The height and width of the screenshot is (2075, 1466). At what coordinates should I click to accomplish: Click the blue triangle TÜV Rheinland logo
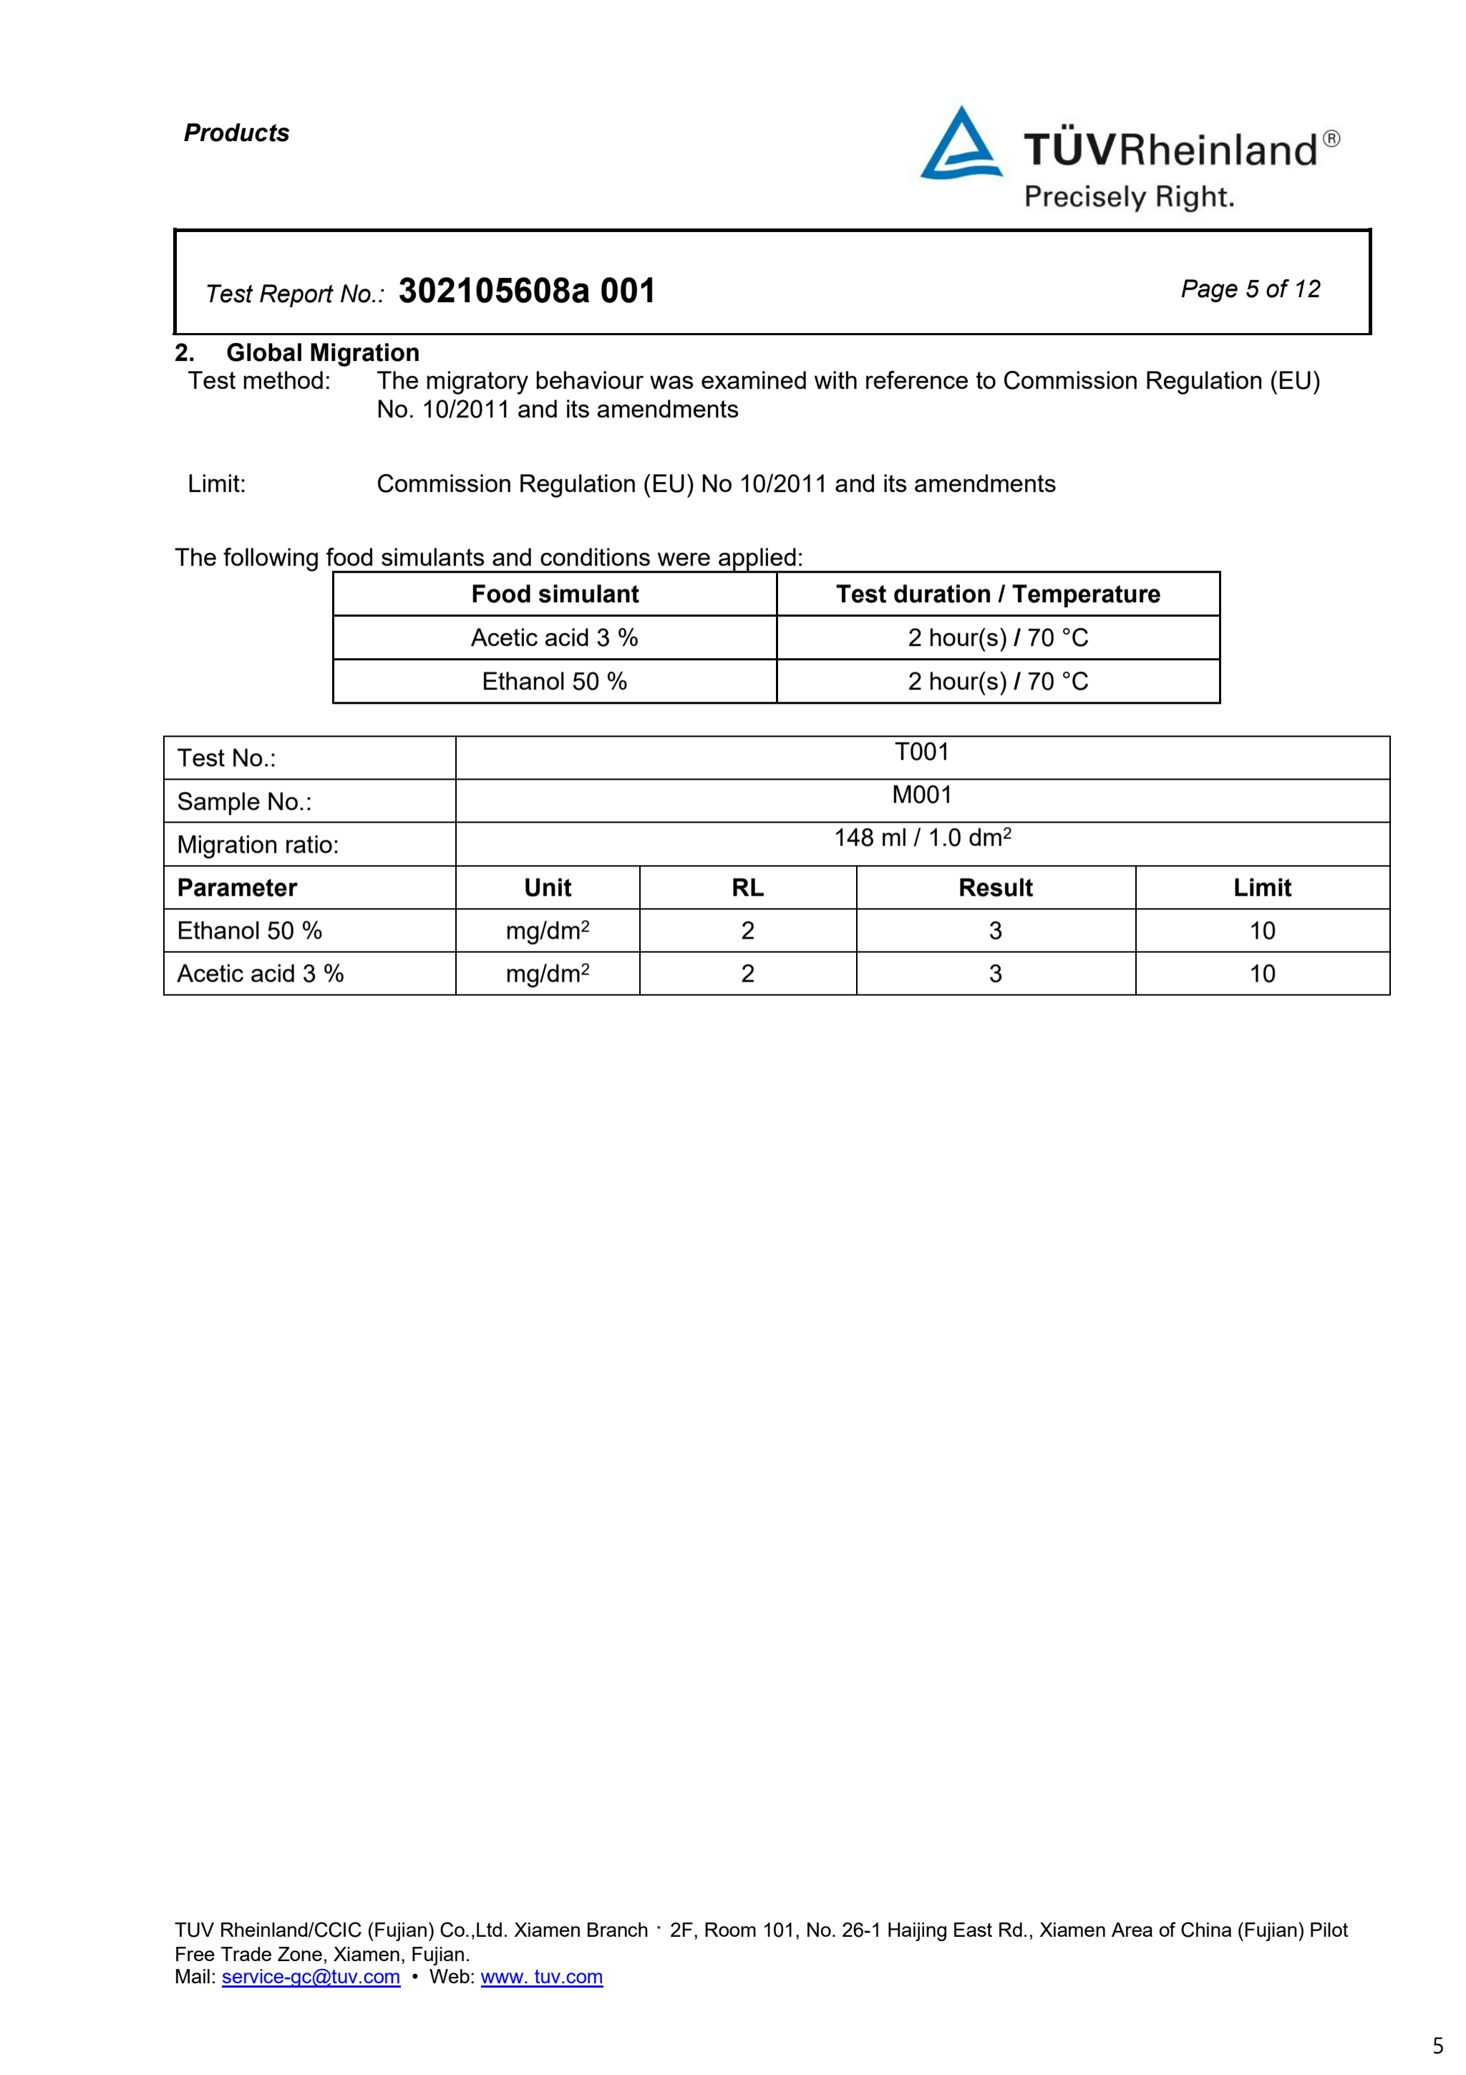pos(960,145)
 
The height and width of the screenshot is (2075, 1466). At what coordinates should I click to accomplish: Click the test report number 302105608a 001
pos(527,291)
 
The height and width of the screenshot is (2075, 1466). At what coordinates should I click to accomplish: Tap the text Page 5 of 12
pos(1250,289)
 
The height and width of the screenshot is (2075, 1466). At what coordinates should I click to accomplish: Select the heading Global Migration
pos(322,352)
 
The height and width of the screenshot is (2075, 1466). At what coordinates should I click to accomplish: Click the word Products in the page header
pos(237,133)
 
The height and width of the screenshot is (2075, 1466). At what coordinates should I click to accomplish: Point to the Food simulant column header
pos(555,594)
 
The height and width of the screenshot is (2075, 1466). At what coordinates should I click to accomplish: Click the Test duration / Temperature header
pos(997,594)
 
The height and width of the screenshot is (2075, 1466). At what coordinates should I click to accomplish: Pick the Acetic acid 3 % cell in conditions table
pos(555,638)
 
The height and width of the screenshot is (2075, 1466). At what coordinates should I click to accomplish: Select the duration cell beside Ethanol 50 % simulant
pos(997,682)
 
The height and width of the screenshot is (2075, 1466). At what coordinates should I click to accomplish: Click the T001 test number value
pos(921,752)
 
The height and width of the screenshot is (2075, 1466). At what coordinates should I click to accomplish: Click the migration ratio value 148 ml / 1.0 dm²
pos(921,838)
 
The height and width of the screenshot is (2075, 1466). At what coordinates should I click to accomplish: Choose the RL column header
pos(747,887)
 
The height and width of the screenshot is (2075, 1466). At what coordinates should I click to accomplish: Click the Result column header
pos(996,887)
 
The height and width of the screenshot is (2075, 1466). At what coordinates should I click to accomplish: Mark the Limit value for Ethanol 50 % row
pos(1262,931)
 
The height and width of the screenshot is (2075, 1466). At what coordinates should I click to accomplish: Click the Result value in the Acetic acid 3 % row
pos(996,973)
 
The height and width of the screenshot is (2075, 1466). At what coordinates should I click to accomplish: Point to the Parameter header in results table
pos(237,887)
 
